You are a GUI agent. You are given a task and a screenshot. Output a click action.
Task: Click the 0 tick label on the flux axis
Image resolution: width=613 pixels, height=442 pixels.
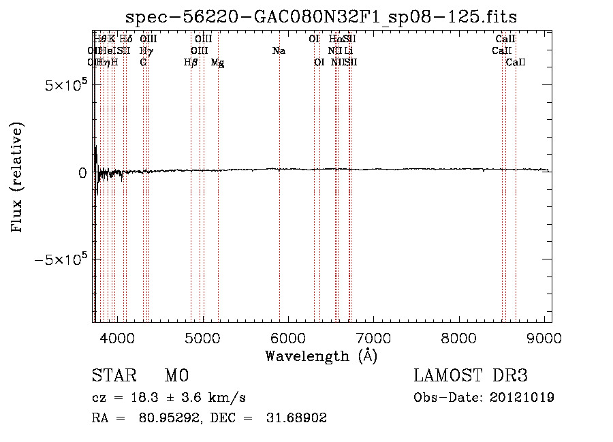tap(82, 173)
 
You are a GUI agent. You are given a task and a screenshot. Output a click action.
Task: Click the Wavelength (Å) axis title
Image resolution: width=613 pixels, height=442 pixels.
tap(321, 356)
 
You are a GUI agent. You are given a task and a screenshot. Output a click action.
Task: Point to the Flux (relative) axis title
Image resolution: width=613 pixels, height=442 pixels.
tap(17, 178)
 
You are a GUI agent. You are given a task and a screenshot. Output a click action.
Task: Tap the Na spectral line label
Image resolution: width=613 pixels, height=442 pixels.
tap(279, 51)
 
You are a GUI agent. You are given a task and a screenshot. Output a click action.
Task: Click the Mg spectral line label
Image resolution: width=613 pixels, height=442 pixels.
tap(218, 63)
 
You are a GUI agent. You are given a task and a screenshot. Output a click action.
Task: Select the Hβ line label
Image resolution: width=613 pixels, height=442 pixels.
tap(191, 63)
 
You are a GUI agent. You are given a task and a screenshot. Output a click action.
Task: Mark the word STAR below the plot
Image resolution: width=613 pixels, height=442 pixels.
tap(114, 376)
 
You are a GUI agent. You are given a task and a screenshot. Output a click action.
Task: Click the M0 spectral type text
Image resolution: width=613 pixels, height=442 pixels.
tap(176, 376)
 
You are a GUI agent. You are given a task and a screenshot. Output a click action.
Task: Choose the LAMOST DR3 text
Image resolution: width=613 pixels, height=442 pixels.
tap(471, 376)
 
